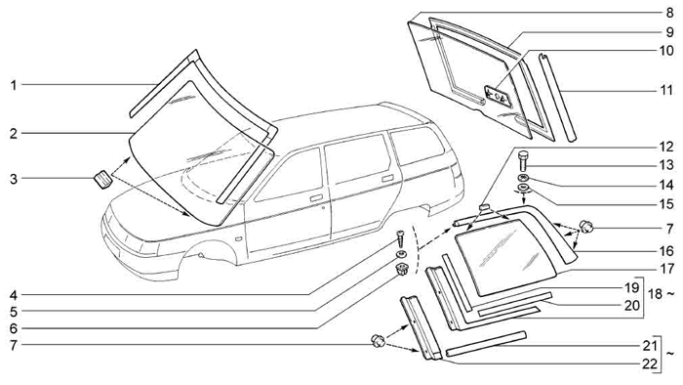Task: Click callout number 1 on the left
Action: click(x=14, y=85)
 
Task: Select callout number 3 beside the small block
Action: click(x=14, y=179)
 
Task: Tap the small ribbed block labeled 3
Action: click(x=102, y=180)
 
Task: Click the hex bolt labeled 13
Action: click(x=524, y=161)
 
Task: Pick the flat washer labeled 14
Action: click(x=523, y=178)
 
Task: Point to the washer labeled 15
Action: click(x=523, y=189)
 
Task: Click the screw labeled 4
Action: click(x=401, y=238)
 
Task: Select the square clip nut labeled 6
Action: click(x=401, y=270)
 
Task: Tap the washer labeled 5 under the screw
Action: click(x=400, y=254)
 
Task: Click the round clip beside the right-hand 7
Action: click(x=585, y=227)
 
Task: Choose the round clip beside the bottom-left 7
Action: click(x=379, y=340)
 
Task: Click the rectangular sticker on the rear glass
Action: click(x=497, y=95)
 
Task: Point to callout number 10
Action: click(x=666, y=51)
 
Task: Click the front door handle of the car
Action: click(x=316, y=198)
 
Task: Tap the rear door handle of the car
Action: click(x=387, y=178)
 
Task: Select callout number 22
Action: click(x=650, y=364)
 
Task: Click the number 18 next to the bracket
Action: click(x=656, y=294)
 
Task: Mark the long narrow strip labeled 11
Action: click(x=557, y=97)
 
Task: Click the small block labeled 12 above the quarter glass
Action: click(x=484, y=207)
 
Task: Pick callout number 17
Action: click(x=666, y=268)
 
